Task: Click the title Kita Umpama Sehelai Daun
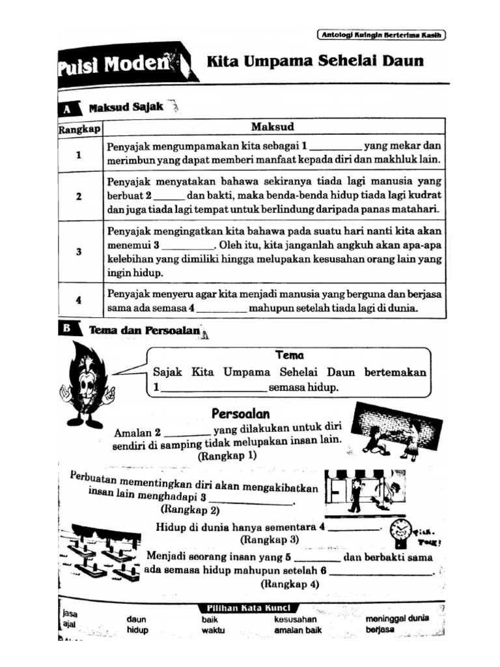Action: [314, 62]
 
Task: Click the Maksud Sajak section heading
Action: [126, 107]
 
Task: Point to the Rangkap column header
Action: [79, 129]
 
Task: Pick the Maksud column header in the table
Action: [273, 126]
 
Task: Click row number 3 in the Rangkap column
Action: [79, 251]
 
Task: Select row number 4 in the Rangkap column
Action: [79, 300]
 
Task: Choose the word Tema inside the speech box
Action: [289, 356]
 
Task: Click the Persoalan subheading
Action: [240, 414]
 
